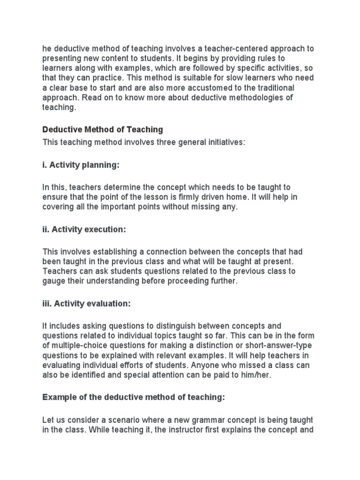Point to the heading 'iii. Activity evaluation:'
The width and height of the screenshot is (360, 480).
(86, 304)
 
